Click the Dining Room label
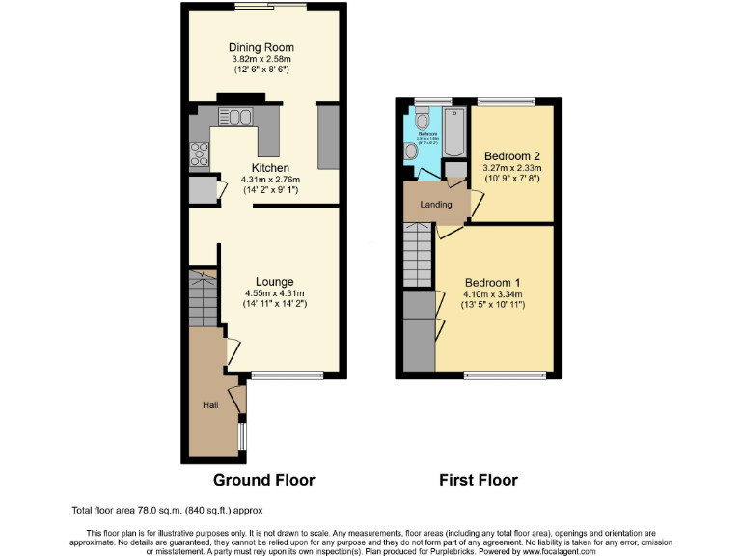point(261,47)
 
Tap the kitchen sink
point(235,118)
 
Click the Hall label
point(209,405)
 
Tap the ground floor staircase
point(204,301)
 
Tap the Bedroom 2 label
point(510,156)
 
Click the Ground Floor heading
point(263,480)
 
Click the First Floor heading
point(479,480)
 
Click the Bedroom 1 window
point(505,375)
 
